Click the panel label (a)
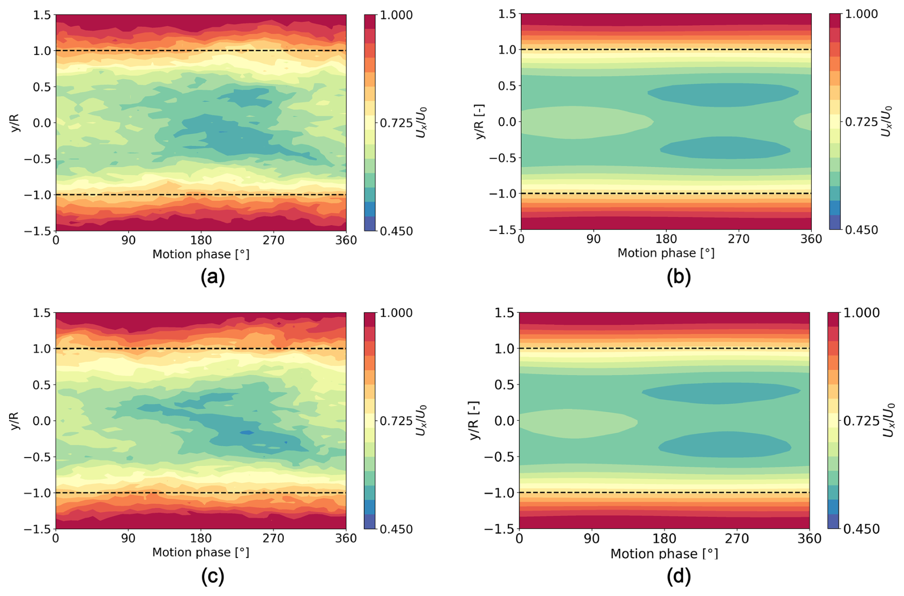point(213,277)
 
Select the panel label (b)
point(678,277)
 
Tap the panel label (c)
point(213,576)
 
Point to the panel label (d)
point(678,576)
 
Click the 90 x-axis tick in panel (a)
point(129,240)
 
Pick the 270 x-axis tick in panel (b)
point(739,239)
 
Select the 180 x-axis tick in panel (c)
point(201,538)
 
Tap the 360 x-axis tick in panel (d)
point(809,539)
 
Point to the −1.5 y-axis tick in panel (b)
point(502,230)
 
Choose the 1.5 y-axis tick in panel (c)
point(42,313)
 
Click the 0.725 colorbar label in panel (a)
point(396,123)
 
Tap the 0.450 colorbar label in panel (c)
point(396,529)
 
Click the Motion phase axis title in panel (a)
point(201,255)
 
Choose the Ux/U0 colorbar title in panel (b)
point(886,121)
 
